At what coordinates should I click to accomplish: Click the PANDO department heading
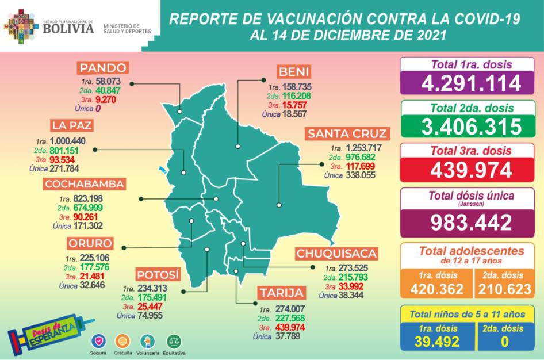click(104, 68)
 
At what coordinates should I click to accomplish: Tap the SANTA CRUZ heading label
click(346, 134)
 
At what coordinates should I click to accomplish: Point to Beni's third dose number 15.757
click(296, 105)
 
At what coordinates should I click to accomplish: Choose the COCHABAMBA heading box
click(85, 184)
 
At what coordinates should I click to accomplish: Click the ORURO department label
click(90, 243)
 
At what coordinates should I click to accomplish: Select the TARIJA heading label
click(281, 293)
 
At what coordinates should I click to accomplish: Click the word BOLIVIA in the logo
click(68, 28)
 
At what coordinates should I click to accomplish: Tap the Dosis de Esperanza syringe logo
click(43, 332)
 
